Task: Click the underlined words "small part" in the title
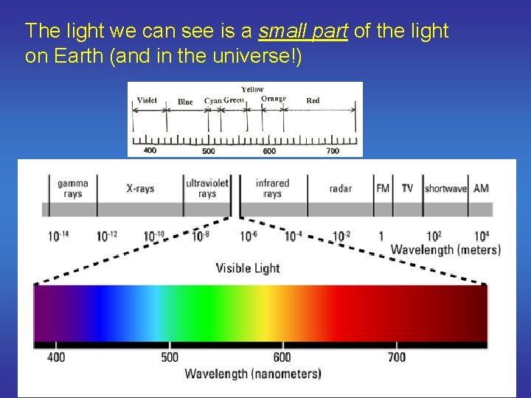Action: click(302, 31)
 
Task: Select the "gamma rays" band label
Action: click(73, 189)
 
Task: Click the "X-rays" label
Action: click(140, 189)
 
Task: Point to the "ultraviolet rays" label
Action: click(207, 189)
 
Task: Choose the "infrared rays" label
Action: click(272, 189)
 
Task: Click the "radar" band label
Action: click(341, 189)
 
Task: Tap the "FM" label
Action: click(383, 189)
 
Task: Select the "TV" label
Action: click(407, 189)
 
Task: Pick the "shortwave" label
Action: click(445, 189)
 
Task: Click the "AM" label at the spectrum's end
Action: click(481, 189)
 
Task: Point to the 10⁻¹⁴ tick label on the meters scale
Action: click(58, 237)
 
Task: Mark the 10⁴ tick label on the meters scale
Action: click(481, 237)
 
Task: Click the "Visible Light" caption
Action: click(248, 268)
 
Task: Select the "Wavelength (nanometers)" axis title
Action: click(253, 374)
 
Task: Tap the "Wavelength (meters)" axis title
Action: click(445, 250)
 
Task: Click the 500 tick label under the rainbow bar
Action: click(170, 357)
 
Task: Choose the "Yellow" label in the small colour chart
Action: click(252, 89)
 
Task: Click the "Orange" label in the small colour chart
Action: click(274, 99)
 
